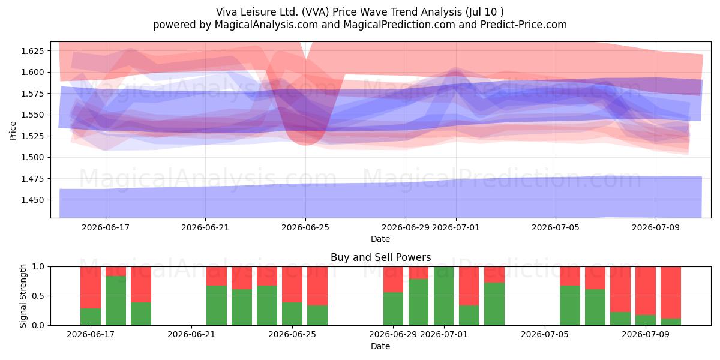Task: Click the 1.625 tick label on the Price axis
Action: click(32, 51)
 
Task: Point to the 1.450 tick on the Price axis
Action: click(32, 200)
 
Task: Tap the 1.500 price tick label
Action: click(32, 157)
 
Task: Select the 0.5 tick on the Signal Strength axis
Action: click(38, 296)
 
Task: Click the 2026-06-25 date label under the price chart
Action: click(305, 227)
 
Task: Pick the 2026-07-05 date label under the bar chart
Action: click(545, 335)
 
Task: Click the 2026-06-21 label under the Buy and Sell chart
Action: click(191, 335)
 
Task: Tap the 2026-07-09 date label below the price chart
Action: click(656, 227)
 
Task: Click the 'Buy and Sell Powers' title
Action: click(380, 257)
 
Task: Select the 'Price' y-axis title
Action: click(13, 131)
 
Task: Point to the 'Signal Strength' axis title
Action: click(23, 296)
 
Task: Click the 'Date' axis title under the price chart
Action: click(380, 239)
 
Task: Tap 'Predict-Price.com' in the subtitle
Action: click(524, 25)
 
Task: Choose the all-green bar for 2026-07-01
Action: click(443, 296)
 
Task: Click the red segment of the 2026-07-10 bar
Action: click(671, 293)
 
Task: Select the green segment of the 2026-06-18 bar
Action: click(116, 301)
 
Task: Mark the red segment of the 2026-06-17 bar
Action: click(91, 287)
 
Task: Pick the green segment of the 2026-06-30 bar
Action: click(419, 302)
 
